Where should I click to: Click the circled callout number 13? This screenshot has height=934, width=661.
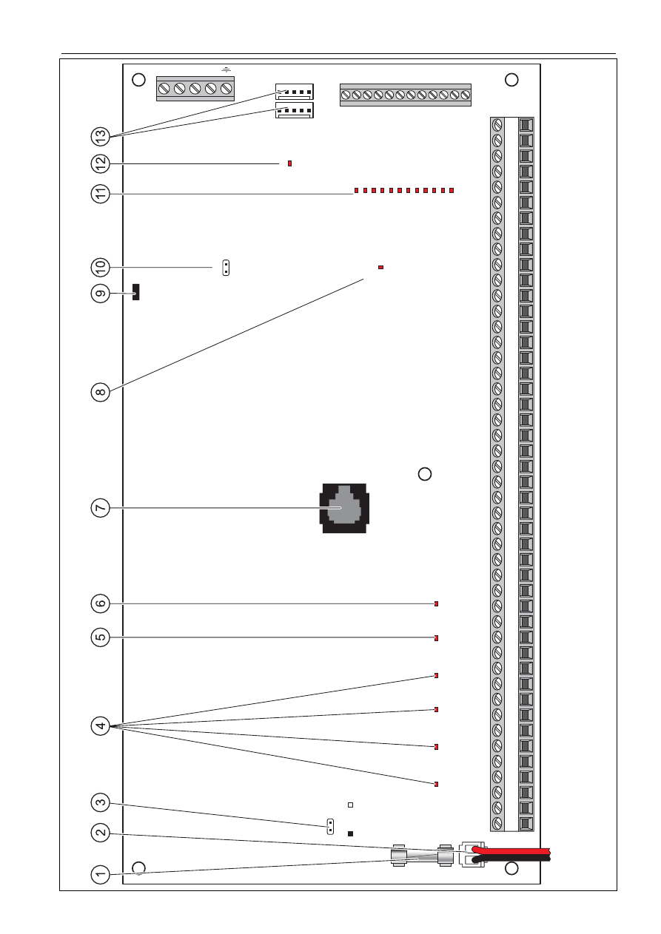coord(100,136)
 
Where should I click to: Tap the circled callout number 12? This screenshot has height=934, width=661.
coord(100,164)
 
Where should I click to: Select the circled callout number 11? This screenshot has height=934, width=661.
coord(100,194)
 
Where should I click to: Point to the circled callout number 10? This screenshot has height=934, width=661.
coord(100,267)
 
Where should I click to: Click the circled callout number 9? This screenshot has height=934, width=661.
coord(100,294)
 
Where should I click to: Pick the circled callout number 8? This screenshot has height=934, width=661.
coord(100,392)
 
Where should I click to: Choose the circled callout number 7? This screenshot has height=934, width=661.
coord(100,508)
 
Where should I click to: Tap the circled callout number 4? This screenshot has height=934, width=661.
coord(100,726)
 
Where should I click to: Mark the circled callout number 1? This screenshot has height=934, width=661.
coord(100,874)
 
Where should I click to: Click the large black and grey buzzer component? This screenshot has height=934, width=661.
coord(344,508)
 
